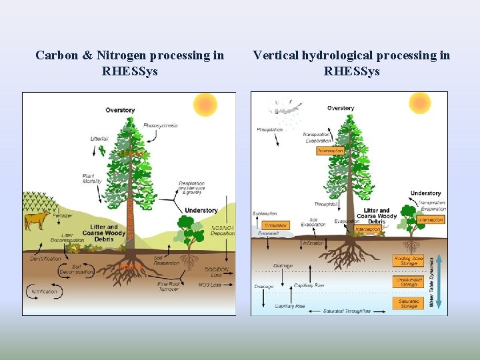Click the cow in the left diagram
pyautogui.click(x=37, y=219)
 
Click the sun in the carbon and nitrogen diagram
pyautogui.click(x=205, y=105)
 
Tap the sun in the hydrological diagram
pyautogui.click(x=420, y=103)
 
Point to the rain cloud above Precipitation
pyautogui.click(x=285, y=108)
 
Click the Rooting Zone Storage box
pyautogui.click(x=409, y=261)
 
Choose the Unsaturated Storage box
pyautogui.click(x=409, y=282)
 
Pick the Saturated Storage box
pyautogui.click(x=409, y=303)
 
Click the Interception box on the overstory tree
pyautogui.click(x=330, y=151)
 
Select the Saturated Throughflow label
pyautogui.click(x=346, y=311)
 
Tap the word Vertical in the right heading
pyautogui.click(x=275, y=55)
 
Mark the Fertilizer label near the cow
pyautogui.click(x=64, y=215)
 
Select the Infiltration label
pyautogui.click(x=313, y=243)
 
